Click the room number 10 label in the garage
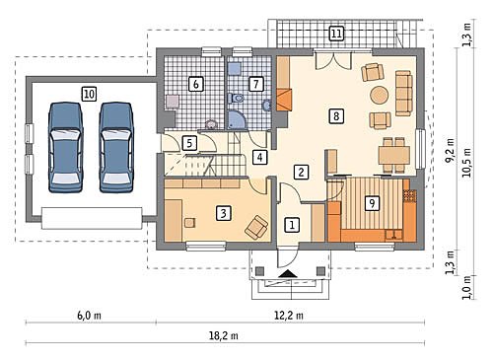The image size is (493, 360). (x=89, y=95)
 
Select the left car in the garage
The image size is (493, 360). (x=65, y=147)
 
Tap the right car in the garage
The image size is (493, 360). (x=116, y=147)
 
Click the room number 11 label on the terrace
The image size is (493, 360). (x=336, y=34)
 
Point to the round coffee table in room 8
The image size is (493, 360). (x=380, y=96)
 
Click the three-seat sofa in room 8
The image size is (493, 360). (x=403, y=93)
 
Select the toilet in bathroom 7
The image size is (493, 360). (x=236, y=98)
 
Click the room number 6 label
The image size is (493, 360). (x=196, y=84)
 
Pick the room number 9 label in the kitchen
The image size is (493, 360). (x=372, y=203)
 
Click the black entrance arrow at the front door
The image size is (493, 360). (x=288, y=273)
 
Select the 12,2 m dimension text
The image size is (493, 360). (x=289, y=316)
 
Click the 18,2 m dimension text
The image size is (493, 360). (x=224, y=335)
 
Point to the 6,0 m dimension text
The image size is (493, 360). (x=89, y=316)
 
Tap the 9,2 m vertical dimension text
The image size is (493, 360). (x=450, y=150)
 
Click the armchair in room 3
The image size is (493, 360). (x=256, y=227)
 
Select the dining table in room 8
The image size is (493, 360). (x=394, y=155)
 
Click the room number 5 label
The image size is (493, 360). (x=189, y=143)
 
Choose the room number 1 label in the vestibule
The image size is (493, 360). (x=292, y=225)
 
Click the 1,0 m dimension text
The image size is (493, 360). (x=466, y=287)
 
